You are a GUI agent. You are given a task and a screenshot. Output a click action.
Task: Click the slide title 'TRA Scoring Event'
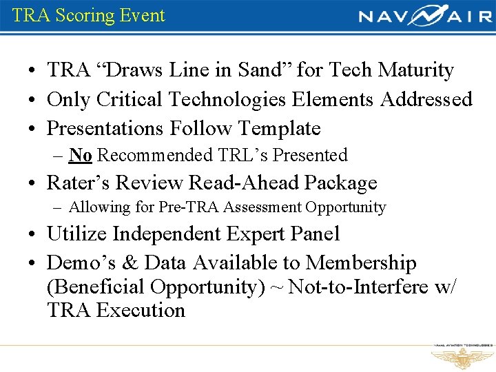tap(89, 15)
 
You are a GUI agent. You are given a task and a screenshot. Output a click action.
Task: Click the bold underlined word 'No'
tap(81, 156)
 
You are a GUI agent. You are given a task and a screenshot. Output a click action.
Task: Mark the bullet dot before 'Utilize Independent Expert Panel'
tap(33, 235)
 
